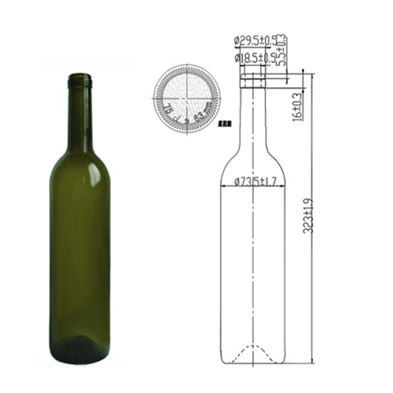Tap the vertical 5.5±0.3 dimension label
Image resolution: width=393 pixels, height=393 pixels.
click(281, 50)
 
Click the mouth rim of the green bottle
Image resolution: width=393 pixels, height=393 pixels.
click(80, 77)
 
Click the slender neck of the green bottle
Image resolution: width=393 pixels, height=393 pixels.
click(80, 115)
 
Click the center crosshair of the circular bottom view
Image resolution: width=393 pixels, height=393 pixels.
click(187, 98)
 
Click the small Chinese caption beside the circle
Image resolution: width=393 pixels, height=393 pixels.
click(224, 124)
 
